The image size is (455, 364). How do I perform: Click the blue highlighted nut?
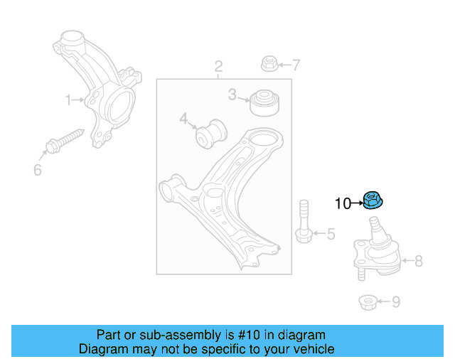(x=373, y=202)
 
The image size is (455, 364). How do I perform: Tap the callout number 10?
(x=343, y=204)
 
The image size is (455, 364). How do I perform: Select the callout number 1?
(x=69, y=100)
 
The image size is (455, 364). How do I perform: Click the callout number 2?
(x=218, y=67)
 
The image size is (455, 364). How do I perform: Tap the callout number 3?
(x=232, y=95)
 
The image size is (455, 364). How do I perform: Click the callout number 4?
(x=183, y=118)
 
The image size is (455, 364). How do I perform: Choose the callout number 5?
(x=331, y=233)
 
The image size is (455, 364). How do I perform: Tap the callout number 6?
(x=38, y=169)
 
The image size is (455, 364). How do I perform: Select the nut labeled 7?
(x=269, y=63)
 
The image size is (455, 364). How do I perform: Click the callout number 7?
(x=296, y=65)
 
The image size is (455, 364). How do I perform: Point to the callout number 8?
(x=418, y=261)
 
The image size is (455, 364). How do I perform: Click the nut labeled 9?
(x=367, y=302)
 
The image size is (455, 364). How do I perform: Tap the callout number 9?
(x=395, y=302)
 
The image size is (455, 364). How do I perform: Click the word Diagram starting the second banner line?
(x=104, y=349)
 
